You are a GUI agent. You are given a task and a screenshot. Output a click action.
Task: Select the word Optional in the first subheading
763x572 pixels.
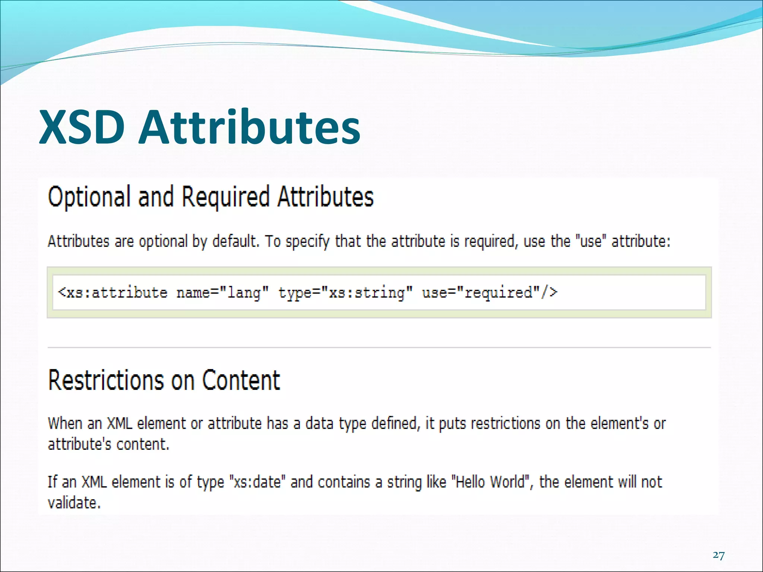tap(89, 197)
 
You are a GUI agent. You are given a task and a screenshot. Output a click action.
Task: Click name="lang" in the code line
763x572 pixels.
tap(222, 293)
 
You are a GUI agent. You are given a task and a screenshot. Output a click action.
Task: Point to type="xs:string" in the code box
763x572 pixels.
tap(345, 293)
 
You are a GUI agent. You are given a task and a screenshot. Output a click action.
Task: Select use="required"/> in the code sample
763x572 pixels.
tap(490, 293)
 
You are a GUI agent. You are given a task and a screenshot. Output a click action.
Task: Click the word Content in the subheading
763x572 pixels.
tap(241, 380)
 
